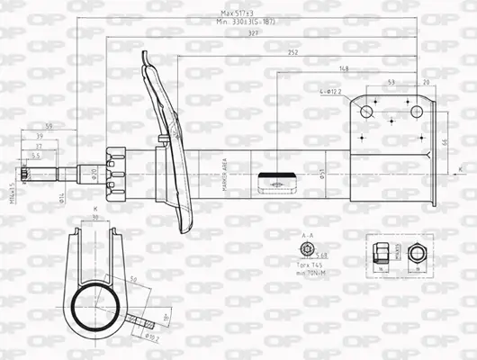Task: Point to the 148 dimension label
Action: point(345,68)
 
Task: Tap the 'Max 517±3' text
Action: point(238,13)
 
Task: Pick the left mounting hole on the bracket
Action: point(366,112)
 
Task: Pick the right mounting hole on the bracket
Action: point(417,112)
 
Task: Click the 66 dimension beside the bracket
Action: point(444,142)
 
